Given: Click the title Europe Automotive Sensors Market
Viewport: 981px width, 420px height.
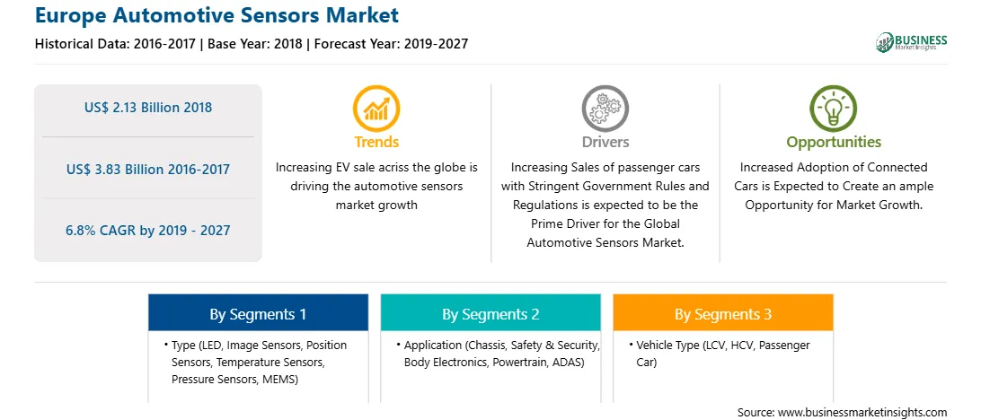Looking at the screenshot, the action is coord(217,15).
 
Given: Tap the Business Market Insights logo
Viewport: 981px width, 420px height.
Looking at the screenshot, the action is coord(911,42).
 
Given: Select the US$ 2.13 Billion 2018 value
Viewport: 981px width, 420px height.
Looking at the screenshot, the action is coord(148,108).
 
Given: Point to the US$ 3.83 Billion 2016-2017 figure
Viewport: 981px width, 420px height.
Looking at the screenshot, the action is coord(148,169).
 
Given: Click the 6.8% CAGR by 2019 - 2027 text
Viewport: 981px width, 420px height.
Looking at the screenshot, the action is coord(148,230).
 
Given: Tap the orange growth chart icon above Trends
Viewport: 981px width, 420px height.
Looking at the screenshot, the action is coord(376,108).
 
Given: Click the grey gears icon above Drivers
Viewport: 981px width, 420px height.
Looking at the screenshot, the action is coord(605,108).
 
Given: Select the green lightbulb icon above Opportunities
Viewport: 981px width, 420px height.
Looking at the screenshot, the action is coord(834,108).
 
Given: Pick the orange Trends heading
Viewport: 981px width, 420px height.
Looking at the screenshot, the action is coord(376,142).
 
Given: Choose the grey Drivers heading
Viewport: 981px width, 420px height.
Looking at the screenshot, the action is coord(605,142).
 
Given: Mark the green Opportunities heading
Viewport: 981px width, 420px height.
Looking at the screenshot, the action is coord(834,142).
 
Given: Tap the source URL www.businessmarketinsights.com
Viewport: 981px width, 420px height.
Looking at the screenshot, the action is coord(862,412).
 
